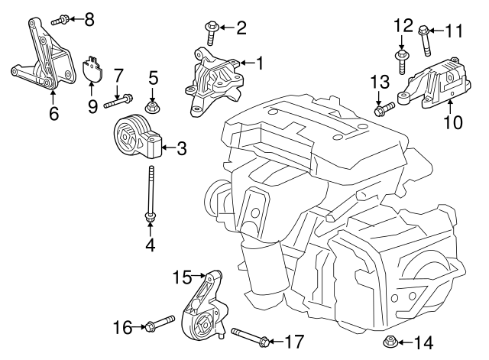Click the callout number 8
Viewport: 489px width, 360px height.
tap(89, 19)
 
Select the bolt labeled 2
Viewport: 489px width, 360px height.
tap(212, 31)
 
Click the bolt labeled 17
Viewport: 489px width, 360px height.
tap(248, 337)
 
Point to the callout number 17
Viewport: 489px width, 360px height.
tap(293, 340)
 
